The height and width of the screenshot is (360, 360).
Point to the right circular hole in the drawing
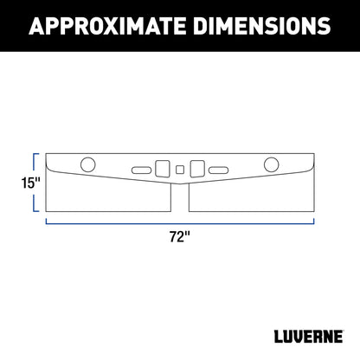(x=271, y=164)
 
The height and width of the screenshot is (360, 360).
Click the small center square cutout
(x=179, y=168)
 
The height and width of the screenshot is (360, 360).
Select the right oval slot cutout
(x=216, y=169)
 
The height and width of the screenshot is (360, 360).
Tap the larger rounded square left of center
(x=162, y=166)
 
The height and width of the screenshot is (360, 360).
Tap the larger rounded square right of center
(x=196, y=166)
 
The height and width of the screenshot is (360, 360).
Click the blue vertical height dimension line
(x=34, y=183)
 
